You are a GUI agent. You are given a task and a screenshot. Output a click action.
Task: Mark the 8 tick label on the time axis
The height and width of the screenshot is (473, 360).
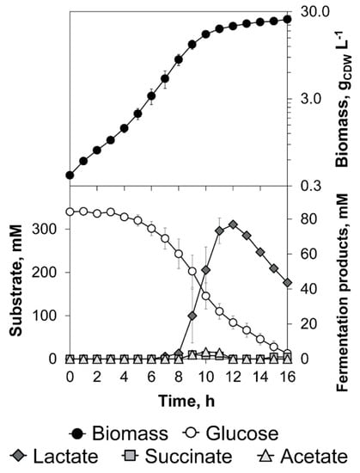pos(179,377)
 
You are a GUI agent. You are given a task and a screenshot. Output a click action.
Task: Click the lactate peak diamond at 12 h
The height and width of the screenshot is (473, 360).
pos(233,224)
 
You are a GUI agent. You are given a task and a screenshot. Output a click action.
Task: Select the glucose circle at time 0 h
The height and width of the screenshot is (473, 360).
pos(70,212)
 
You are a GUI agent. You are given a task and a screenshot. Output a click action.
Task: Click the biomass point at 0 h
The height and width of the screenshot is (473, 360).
pos(70,175)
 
